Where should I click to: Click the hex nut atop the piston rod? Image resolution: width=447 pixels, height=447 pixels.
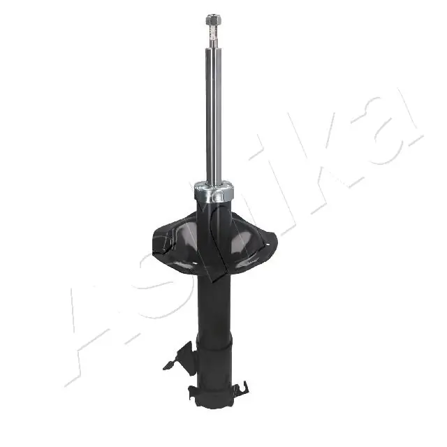pyautogui.click(x=214, y=20)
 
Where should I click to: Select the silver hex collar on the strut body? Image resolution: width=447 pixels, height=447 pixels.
pyautogui.click(x=214, y=191)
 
